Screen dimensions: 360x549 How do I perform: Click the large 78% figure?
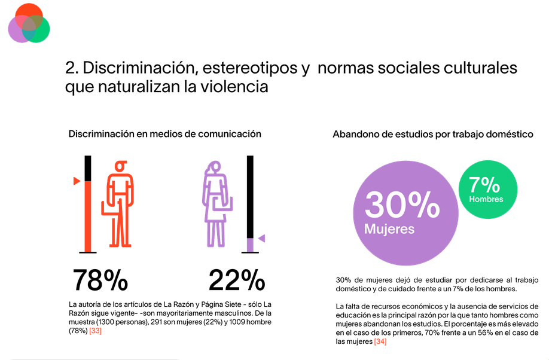click(x=100, y=280)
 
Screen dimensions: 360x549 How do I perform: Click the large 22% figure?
click(x=237, y=280)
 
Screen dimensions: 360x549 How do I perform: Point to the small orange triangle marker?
click(x=77, y=181)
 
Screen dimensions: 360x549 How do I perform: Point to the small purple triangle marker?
click(x=261, y=239)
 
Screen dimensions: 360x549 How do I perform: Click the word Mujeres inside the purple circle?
click(x=389, y=228)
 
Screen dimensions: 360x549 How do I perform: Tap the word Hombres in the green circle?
click(x=486, y=199)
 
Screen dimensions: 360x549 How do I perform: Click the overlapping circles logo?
click(x=29, y=23)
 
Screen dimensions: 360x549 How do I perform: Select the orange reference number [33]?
click(x=95, y=331)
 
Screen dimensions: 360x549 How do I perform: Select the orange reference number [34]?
click(x=380, y=341)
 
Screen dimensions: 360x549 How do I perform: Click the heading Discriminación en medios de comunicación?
click(x=165, y=134)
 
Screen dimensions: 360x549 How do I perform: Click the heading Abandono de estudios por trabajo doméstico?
click(x=433, y=135)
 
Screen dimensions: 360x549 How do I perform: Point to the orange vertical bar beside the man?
click(x=88, y=215)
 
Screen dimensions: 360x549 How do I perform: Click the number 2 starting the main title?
click(x=70, y=68)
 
